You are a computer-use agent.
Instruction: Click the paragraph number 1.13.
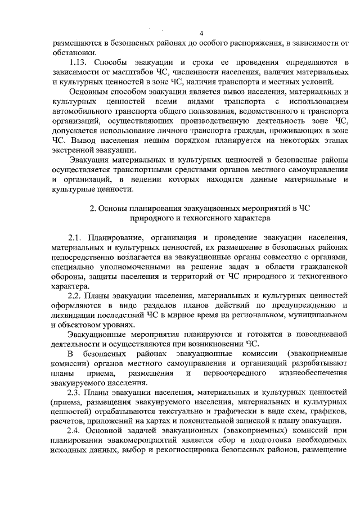78,62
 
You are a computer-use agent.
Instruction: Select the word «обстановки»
71,52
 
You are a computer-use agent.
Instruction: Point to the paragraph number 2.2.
75,294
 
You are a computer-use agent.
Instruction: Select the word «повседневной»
316,335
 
